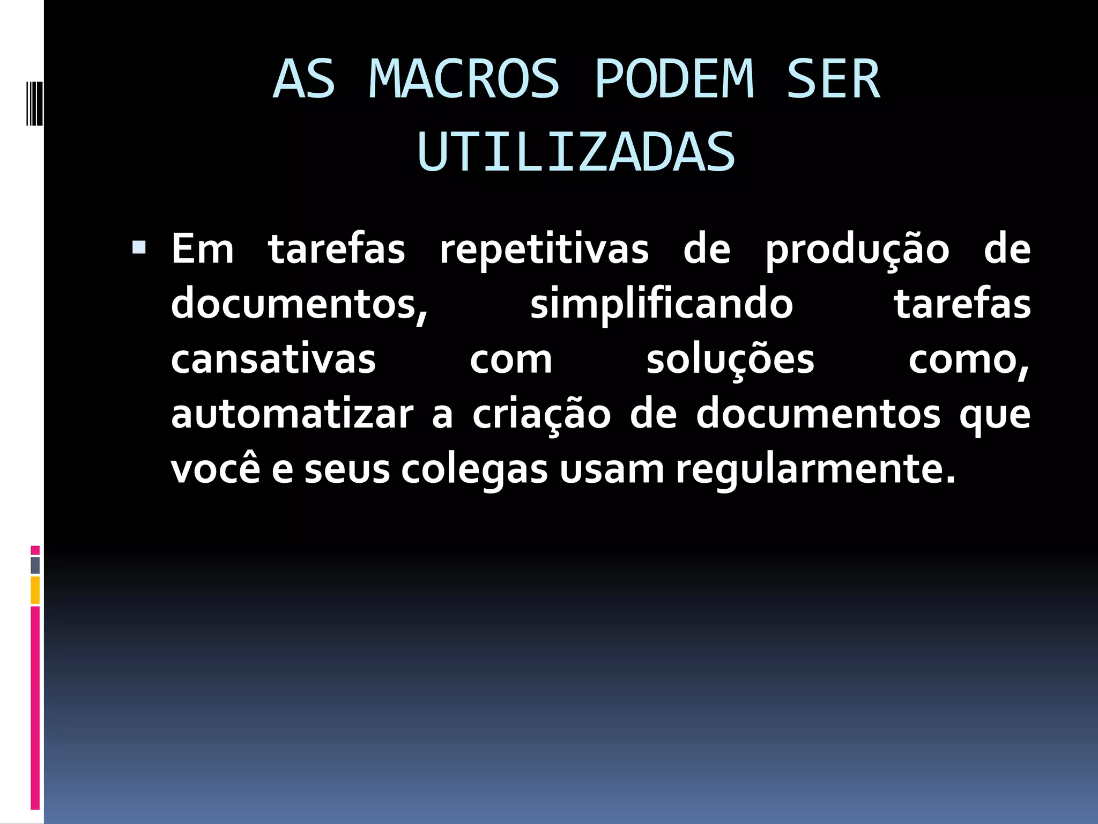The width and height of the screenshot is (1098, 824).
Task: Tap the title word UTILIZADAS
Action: coord(576,153)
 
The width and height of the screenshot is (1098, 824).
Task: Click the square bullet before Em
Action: coord(139,247)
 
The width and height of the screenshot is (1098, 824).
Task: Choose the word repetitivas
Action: coord(544,250)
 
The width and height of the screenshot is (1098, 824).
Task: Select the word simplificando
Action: coord(662,305)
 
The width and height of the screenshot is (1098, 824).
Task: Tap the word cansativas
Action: coord(273,359)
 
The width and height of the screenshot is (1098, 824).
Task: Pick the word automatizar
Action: coord(292,414)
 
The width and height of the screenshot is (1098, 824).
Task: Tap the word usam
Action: coord(612,469)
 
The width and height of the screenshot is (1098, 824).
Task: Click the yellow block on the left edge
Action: coord(35,590)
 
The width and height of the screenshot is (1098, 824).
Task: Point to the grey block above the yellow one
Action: coord(35,565)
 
